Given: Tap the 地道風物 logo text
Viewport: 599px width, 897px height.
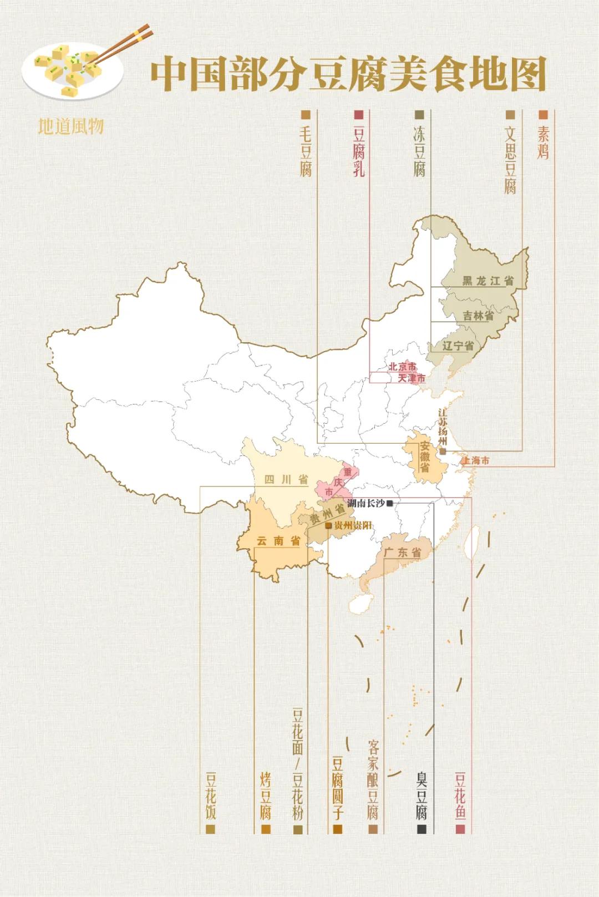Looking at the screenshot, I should coord(70,126).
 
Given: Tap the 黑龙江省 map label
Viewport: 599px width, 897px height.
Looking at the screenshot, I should coord(488,281).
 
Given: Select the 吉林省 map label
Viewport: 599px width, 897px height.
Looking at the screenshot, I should coord(478,316).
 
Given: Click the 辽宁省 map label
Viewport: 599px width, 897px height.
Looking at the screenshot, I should coord(458,346).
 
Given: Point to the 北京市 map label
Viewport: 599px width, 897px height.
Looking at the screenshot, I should coord(402,367).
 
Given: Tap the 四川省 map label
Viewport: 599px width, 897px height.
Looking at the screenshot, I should coord(286,479).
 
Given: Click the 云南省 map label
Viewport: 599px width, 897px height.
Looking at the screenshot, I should coord(278,541).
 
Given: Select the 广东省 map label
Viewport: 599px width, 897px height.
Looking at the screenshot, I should coord(403,553).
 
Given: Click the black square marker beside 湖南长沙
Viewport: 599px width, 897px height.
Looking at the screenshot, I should coord(390,503).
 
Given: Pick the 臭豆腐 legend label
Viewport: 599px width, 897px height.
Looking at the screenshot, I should coord(422,795).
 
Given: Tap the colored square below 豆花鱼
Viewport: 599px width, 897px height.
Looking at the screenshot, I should coord(460,829).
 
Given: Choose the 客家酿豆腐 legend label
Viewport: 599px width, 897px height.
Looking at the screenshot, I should coord(373,779).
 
